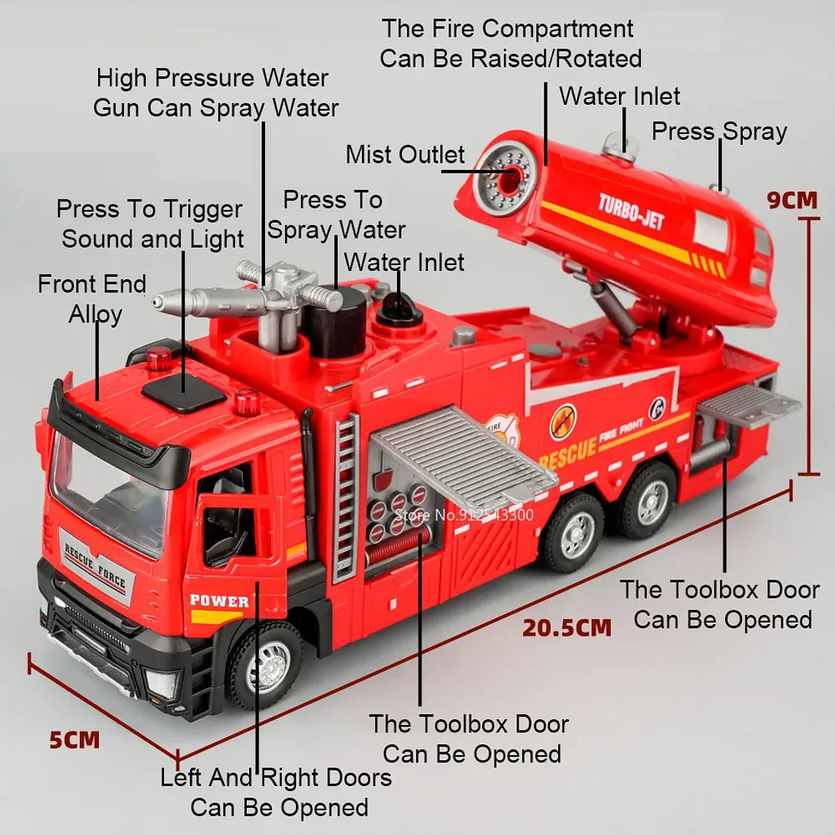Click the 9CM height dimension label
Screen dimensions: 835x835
click(x=791, y=200)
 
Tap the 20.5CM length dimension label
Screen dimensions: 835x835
click(x=566, y=628)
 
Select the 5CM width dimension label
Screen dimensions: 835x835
click(x=75, y=740)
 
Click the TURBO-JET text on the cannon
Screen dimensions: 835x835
click(x=631, y=212)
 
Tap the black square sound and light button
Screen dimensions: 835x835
click(x=183, y=394)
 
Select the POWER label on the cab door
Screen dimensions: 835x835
click(x=219, y=601)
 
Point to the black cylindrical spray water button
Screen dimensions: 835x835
click(x=335, y=322)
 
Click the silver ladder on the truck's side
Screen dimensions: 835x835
click(x=346, y=498)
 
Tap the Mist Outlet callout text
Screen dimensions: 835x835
click(x=404, y=155)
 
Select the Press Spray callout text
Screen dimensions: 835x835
click(x=719, y=132)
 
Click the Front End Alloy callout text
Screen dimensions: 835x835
click(x=92, y=299)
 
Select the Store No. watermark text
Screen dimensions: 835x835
click(x=464, y=515)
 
